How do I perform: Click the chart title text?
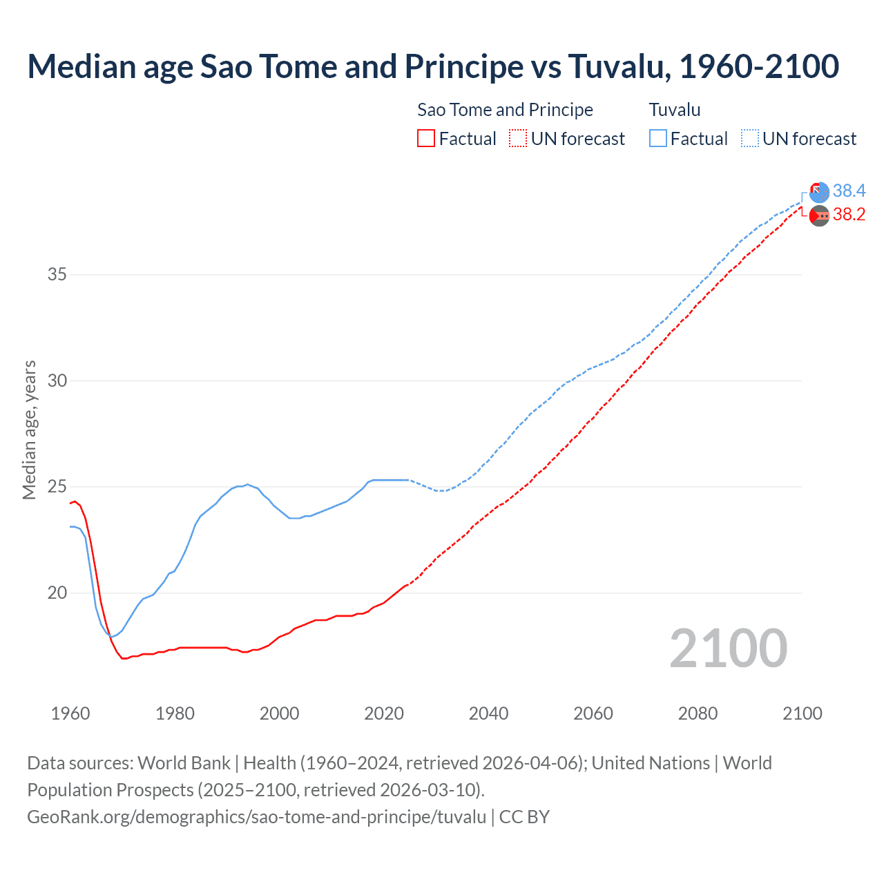[x=433, y=66]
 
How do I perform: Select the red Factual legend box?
[x=426, y=139]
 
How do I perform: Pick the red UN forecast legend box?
[x=518, y=139]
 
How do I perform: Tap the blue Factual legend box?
[x=658, y=139]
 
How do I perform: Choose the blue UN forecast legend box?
[x=750, y=139]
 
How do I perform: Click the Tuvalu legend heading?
[x=675, y=110]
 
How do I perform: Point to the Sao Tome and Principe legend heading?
[x=505, y=110]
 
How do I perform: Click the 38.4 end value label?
[x=849, y=191]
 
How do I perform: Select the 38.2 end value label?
[x=849, y=215]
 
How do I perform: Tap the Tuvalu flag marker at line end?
[x=819, y=193]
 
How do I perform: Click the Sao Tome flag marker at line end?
[x=819, y=216]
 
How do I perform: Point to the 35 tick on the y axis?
[x=57, y=275]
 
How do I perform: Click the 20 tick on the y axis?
[x=57, y=593]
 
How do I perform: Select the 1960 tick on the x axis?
[x=70, y=713]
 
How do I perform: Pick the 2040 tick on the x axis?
[x=488, y=713]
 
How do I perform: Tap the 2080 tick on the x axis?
[x=698, y=713]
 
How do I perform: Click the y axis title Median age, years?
[x=29, y=430]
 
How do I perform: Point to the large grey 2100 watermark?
[x=728, y=648]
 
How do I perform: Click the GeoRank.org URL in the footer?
[x=256, y=817]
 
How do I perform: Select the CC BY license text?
[x=524, y=817]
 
